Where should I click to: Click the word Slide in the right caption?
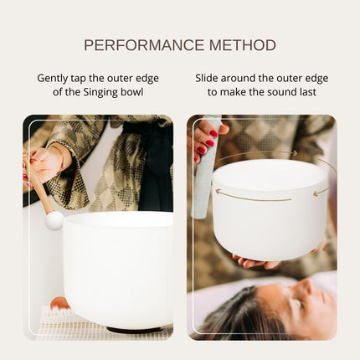click(x=210, y=78)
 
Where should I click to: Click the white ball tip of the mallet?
click(x=54, y=220)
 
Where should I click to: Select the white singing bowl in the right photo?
click(x=269, y=209)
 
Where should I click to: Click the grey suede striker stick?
click(x=203, y=180)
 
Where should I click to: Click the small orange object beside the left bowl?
click(x=58, y=303)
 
